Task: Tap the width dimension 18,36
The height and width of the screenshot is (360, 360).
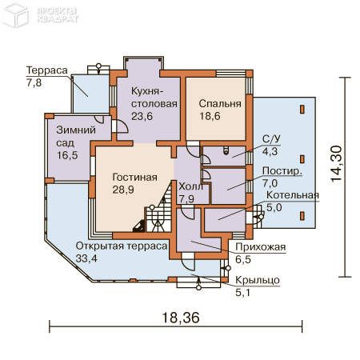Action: click(181, 317)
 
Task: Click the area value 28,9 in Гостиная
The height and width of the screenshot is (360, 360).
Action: click(124, 191)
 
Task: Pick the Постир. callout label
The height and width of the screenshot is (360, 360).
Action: click(282, 170)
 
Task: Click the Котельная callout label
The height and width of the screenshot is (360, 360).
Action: click(293, 194)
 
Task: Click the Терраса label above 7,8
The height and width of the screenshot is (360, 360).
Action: click(44, 70)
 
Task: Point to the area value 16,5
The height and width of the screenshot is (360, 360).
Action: click(67, 155)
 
